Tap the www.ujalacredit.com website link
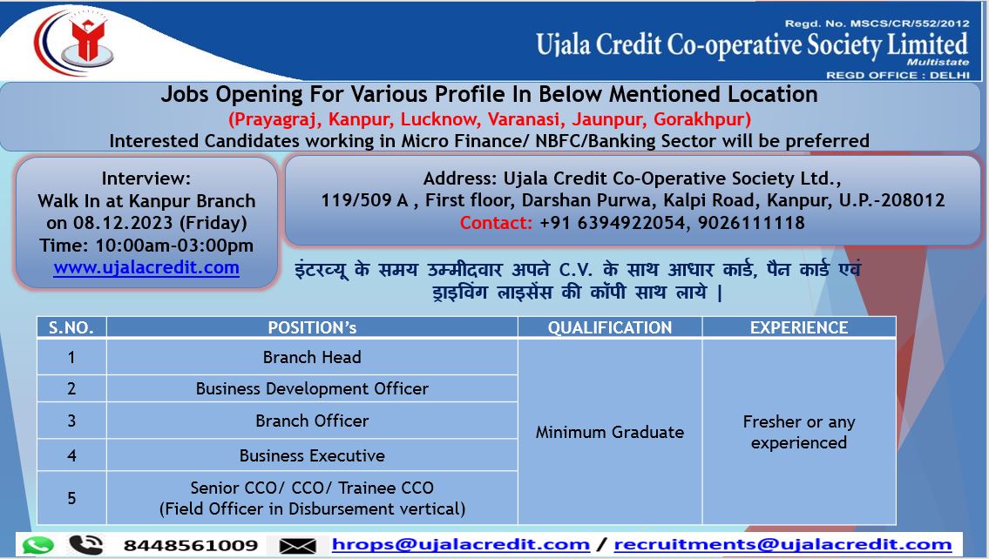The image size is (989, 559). (146, 267)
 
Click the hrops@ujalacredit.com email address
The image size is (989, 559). (460, 544)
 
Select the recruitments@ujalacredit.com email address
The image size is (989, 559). (782, 544)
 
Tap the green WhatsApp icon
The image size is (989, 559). (37, 544)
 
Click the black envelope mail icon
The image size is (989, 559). (298, 546)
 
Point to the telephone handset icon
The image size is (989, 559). (85, 544)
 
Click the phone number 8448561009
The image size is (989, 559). (191, 545)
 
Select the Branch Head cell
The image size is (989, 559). (312, 357)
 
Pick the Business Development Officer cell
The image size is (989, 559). (312, 389)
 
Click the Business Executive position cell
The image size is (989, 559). (312, 455)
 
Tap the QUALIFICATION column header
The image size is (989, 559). (610, 327)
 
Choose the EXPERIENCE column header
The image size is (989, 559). (799, 327)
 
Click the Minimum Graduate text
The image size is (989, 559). (610, 433)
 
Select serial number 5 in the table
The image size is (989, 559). (71, 498)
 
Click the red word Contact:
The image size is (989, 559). (496, 223)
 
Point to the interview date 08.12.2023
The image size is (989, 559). (123, 223)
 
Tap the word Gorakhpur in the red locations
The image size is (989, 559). (702, 119)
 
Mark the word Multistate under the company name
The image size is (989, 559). (938, 62)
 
